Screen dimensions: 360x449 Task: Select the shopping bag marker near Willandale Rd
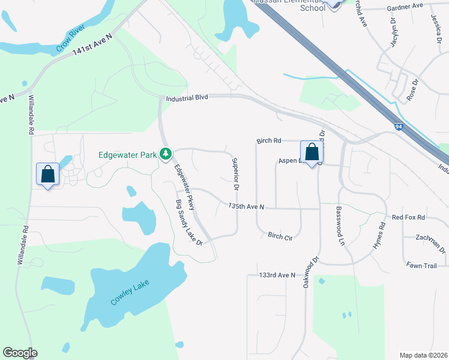point(48,175)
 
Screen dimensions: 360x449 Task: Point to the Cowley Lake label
point(129,292)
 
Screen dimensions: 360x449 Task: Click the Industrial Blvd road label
point(187,97)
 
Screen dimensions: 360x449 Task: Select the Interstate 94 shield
point(399,127)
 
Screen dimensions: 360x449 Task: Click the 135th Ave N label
point(247,206)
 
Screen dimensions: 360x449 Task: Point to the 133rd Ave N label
point(278,275)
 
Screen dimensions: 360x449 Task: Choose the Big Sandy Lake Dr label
point(189,222)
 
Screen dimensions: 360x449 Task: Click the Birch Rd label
point(268,141)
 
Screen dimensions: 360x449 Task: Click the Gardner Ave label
point(405,6)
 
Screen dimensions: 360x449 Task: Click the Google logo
point(20,353)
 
